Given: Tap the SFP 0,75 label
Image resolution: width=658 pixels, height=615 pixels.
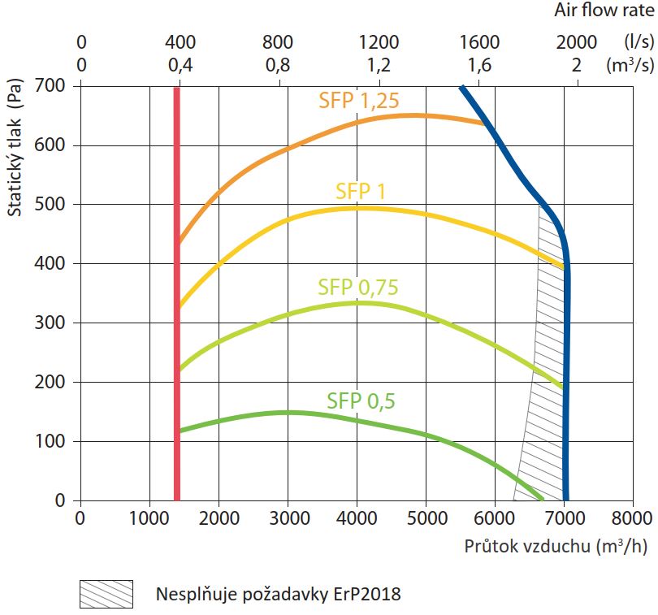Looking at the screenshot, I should click(358, 287).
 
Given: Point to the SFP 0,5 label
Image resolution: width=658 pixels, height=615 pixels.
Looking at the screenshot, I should click(361, 401).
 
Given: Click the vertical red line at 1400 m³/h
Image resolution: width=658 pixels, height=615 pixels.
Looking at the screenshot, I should click(176, 292).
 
